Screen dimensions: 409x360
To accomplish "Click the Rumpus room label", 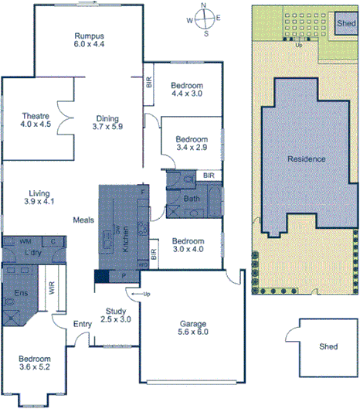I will click(90, 36).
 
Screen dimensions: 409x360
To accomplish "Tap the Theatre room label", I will click(36, 117).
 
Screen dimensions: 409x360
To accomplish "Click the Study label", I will click(116, 312).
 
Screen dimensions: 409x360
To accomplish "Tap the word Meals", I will click(83, 220).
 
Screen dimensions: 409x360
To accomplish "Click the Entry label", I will click(82, 324).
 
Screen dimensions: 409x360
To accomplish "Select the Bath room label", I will click(192, 199).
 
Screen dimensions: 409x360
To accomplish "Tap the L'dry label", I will click(32, 253).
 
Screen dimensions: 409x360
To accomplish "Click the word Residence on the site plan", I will click(306, 158).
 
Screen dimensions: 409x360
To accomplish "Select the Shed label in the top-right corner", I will click(345, 24).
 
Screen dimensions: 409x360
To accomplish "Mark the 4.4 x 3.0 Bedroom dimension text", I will click(186, 94).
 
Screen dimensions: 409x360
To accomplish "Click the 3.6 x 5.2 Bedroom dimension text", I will click(36, 369).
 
